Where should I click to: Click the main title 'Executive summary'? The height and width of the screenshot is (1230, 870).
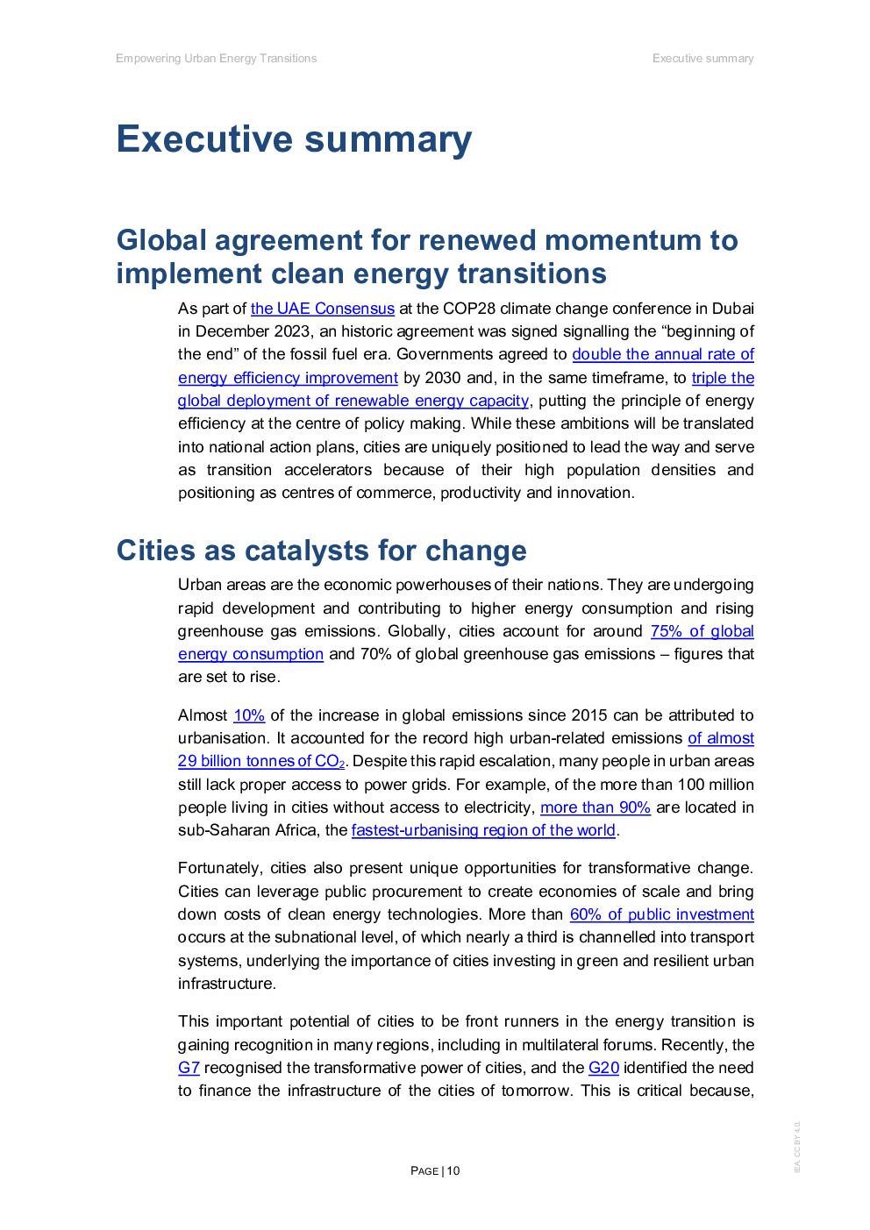pyautogui.click(x=294, y=139)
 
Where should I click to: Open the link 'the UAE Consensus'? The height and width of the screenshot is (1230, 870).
pyautogui.click(x=323, y=309)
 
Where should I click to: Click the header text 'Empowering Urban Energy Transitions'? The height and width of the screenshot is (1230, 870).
pyautogui.click(x=216, y=58)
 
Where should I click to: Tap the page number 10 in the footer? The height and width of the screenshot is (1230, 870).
pyautogui.click(x=453, y=1170)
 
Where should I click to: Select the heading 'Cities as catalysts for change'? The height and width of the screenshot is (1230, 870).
pyautogui.click(x=321, y=551)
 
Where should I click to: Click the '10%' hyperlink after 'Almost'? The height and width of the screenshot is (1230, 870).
pyautogui.click(x=249, y=715)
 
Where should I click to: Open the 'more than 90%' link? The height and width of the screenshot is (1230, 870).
pyautogui.click(x=595, y=807)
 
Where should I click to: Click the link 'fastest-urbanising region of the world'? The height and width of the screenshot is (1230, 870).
pyautogui.click(x=483, y=829)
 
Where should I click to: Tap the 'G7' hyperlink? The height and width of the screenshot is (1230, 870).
pyautogui.click(x=189, y=1068)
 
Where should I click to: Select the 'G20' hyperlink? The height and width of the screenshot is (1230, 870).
pyautogui.click(x=603, y=1068)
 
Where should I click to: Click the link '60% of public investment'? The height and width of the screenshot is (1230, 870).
pyautogui.click(x=662, y=914)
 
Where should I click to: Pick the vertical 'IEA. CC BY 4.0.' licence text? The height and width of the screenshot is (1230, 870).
pyautogui.click(x=797, y=1147)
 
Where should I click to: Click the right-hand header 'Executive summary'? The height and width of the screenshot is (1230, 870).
pyautogui.click(x=703, y=58)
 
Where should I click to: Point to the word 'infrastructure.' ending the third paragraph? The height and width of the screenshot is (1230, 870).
pyautogui.click(x=227, y=983)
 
